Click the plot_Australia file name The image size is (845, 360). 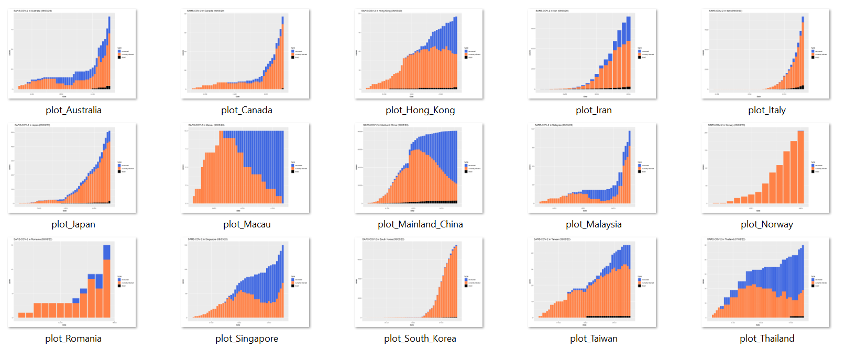(x=73, y=110)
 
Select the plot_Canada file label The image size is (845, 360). (x=247, y=110)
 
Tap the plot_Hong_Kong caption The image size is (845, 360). (x=420, y=110)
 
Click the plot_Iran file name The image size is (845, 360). (x=594, y=110)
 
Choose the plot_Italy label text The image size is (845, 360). (x=767, y=110)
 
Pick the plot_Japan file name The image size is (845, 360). (x=73, y=224)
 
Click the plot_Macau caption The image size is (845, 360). (x=247, y=224)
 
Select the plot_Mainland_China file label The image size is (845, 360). (x=420, y=224)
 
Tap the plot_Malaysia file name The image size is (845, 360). (x=594, y=224)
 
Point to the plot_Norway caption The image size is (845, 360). (x=767, y=224)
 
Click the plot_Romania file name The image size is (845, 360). (x=73, y=339)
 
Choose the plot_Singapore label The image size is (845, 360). (x=247, y=339)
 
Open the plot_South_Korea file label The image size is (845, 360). (x=420, y=339)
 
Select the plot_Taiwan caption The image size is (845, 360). (x=594, y=339)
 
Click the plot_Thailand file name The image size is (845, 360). (x=767, y=339)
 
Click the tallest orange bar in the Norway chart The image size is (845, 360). (x=800, y=168)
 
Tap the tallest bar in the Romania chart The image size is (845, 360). (x=107, y=283)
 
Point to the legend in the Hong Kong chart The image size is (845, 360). (x=470, y=53)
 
